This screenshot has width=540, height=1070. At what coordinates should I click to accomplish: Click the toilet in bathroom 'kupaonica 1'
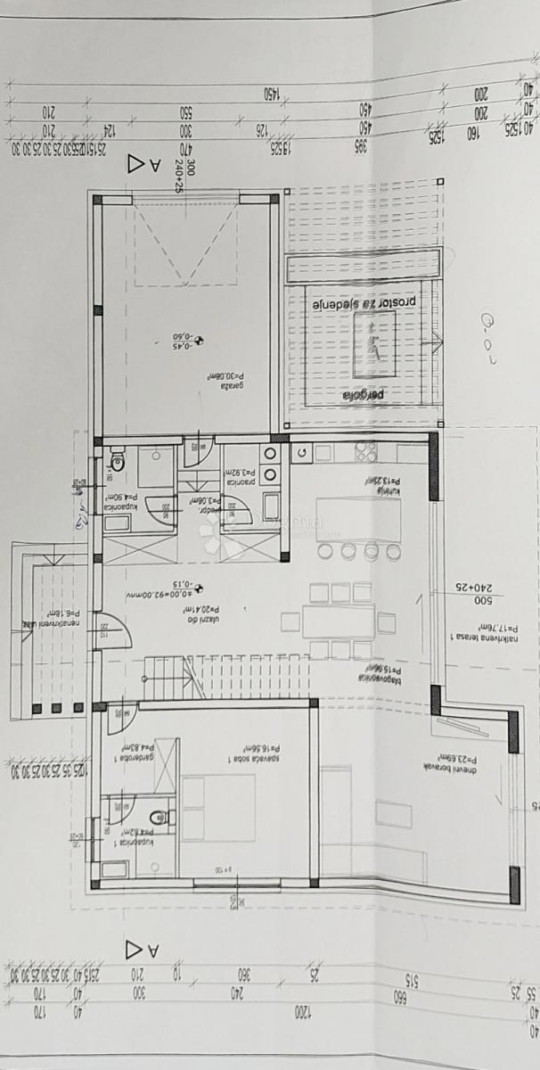click(157, 816)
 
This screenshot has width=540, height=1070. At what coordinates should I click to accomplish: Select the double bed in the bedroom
click(218, 808)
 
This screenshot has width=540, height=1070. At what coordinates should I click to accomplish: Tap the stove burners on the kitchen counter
click(366, 453)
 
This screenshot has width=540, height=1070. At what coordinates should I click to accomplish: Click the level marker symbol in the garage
click(200, 339)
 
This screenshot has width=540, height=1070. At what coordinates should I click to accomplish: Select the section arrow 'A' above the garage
click(143, 164)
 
